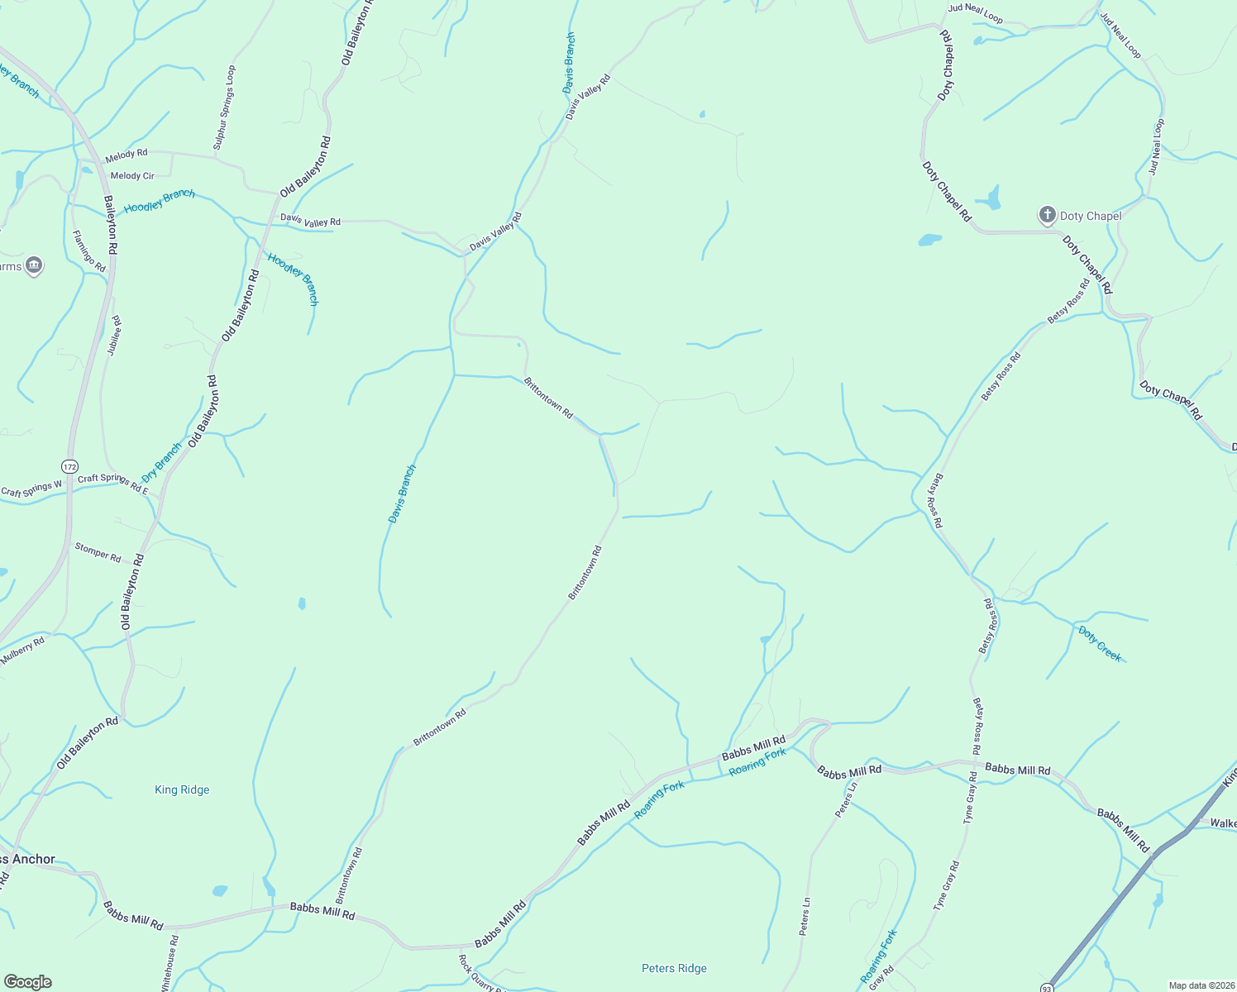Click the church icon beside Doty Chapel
pos(1047,216)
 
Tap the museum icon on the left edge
pos(34,265)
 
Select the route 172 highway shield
pos(70,465)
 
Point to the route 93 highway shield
pos(1048,987)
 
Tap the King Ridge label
pos(182,789)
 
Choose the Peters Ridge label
pos(674,968)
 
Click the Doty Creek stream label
pos(1101,643)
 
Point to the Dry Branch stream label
pos(161,463)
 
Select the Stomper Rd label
pos(98,552)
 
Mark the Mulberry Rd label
pos(22,651)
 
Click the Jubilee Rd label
pos(115,336)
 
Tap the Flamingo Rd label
pos(89,251)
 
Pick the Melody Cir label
pos(132,175)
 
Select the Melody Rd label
pos(126,154)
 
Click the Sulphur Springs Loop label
pos(224,107)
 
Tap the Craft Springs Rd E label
pos(113,482)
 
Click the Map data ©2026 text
pos(1200,985)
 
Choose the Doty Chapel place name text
pos(1091,216)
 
